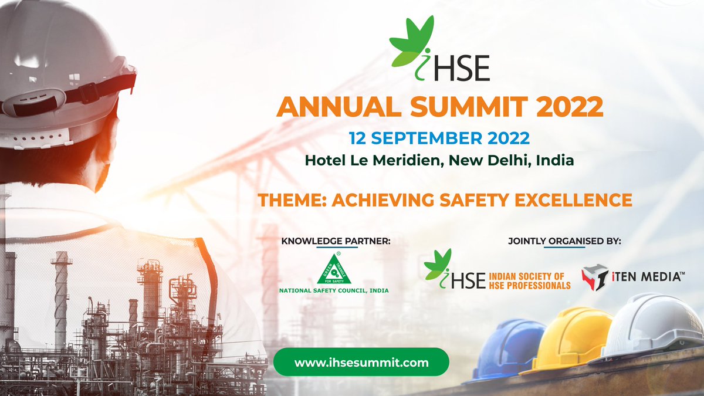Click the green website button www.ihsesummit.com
pos(361,362)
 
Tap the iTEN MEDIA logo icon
pos(594,277)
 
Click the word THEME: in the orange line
pos(290,199)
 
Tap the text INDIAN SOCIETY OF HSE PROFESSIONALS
pos(529,280)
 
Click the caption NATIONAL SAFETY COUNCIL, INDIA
pos(334,290)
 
